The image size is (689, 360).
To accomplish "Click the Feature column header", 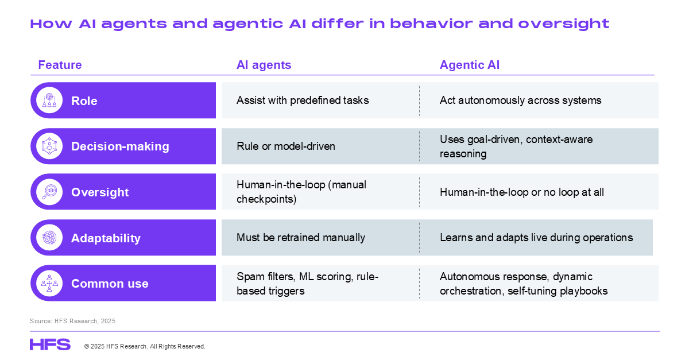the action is coord(60,65).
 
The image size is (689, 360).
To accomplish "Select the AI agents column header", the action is coord(264,65).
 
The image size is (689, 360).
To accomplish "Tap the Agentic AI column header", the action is coord(470,65).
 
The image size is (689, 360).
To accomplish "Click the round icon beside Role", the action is coord(49,100).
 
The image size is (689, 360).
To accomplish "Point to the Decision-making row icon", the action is coord(49,146).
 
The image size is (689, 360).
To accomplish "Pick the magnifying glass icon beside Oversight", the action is coord(49,192).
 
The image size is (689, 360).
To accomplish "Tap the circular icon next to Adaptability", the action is coord(49,238).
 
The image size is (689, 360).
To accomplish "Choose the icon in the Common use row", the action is coord(49,283).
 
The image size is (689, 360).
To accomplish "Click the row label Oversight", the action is coord(100,192).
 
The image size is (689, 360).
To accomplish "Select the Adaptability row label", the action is coord(106,238).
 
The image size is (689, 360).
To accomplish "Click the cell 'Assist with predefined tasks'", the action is coord(303,100).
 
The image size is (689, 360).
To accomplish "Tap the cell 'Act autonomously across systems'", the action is coord(520,100).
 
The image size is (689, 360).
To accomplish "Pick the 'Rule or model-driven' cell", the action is coord(286,146).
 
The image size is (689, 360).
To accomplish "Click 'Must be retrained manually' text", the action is coord(301,238).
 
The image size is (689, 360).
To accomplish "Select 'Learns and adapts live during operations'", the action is coord(536,238).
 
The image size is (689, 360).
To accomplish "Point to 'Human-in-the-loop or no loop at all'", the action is coord(522,192).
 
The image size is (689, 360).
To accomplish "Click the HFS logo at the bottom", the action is coord(50,344).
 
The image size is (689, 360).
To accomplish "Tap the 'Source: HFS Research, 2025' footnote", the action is coord(72,321).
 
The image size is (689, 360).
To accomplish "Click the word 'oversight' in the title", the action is coord(563,24).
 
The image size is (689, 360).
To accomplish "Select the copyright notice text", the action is coord(145,346).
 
